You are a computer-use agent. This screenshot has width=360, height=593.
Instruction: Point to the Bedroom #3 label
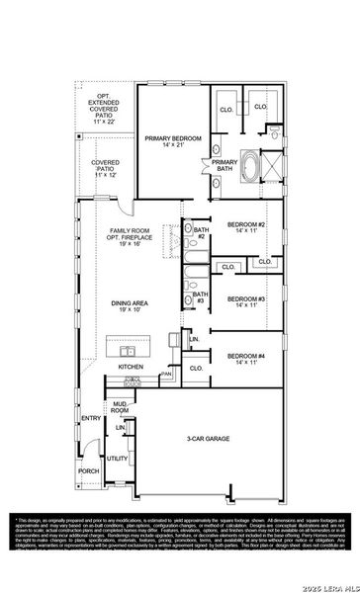246,302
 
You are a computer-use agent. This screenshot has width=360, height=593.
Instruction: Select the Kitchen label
132,367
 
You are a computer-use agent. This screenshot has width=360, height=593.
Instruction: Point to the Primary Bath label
225,165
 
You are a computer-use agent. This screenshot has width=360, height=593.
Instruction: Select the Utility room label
117,459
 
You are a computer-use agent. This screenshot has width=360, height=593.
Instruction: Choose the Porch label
89,471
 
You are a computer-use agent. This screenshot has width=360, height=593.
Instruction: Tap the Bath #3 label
199,296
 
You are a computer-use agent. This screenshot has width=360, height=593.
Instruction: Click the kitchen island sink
128,350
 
